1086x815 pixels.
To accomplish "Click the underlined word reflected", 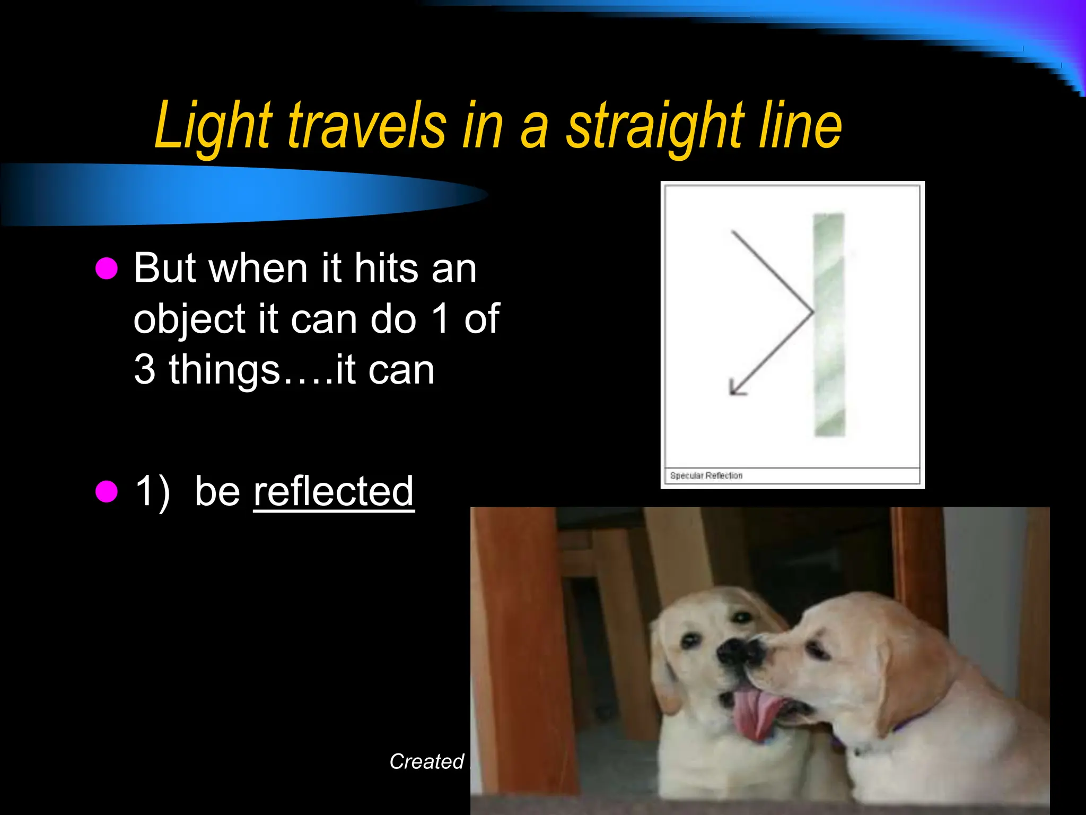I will [334, 491].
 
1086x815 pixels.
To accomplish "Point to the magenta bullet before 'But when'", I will [107, 268].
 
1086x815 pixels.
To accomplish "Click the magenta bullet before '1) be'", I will [107, 491].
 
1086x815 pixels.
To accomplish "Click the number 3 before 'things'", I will [145, 370].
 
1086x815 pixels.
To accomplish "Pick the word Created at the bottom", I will [427, 762].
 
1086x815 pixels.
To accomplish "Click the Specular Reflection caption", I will [706, 476].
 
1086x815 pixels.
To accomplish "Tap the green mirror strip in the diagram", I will [829, 325].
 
